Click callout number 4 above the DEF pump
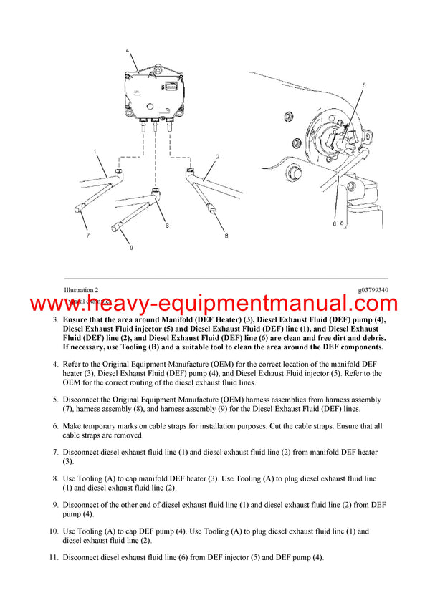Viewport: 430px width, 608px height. (127, 51)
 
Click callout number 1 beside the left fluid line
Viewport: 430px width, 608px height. (95, 152)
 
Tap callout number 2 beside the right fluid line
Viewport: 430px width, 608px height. (217, 155)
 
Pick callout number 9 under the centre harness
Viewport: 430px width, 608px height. (131, 248)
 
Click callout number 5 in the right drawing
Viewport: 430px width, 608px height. (363, 85)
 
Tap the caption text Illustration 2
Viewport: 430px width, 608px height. (81, 290)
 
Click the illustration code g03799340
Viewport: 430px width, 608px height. (373, 290)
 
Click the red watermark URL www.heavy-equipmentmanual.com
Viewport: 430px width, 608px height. (214, 304)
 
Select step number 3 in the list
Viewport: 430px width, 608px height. (55, 319)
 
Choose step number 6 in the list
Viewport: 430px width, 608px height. (55, 426)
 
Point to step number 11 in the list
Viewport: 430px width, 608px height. (53, 558)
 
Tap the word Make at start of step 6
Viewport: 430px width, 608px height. (72, 426)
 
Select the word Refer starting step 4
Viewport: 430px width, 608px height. (73, 364)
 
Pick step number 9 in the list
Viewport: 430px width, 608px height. (55, 505)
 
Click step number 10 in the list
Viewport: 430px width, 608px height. (53, 531)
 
